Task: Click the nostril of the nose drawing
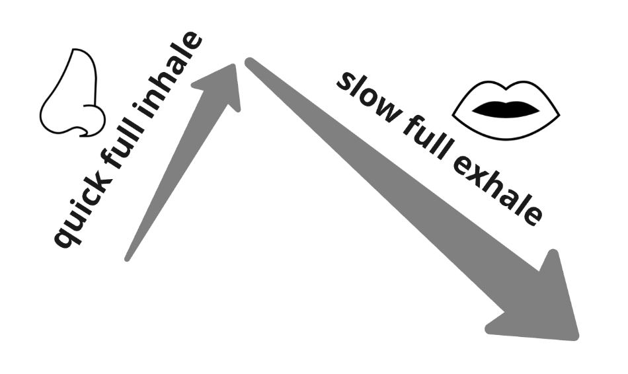tap(84, 130)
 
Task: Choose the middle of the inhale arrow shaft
tap(172, 172)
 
